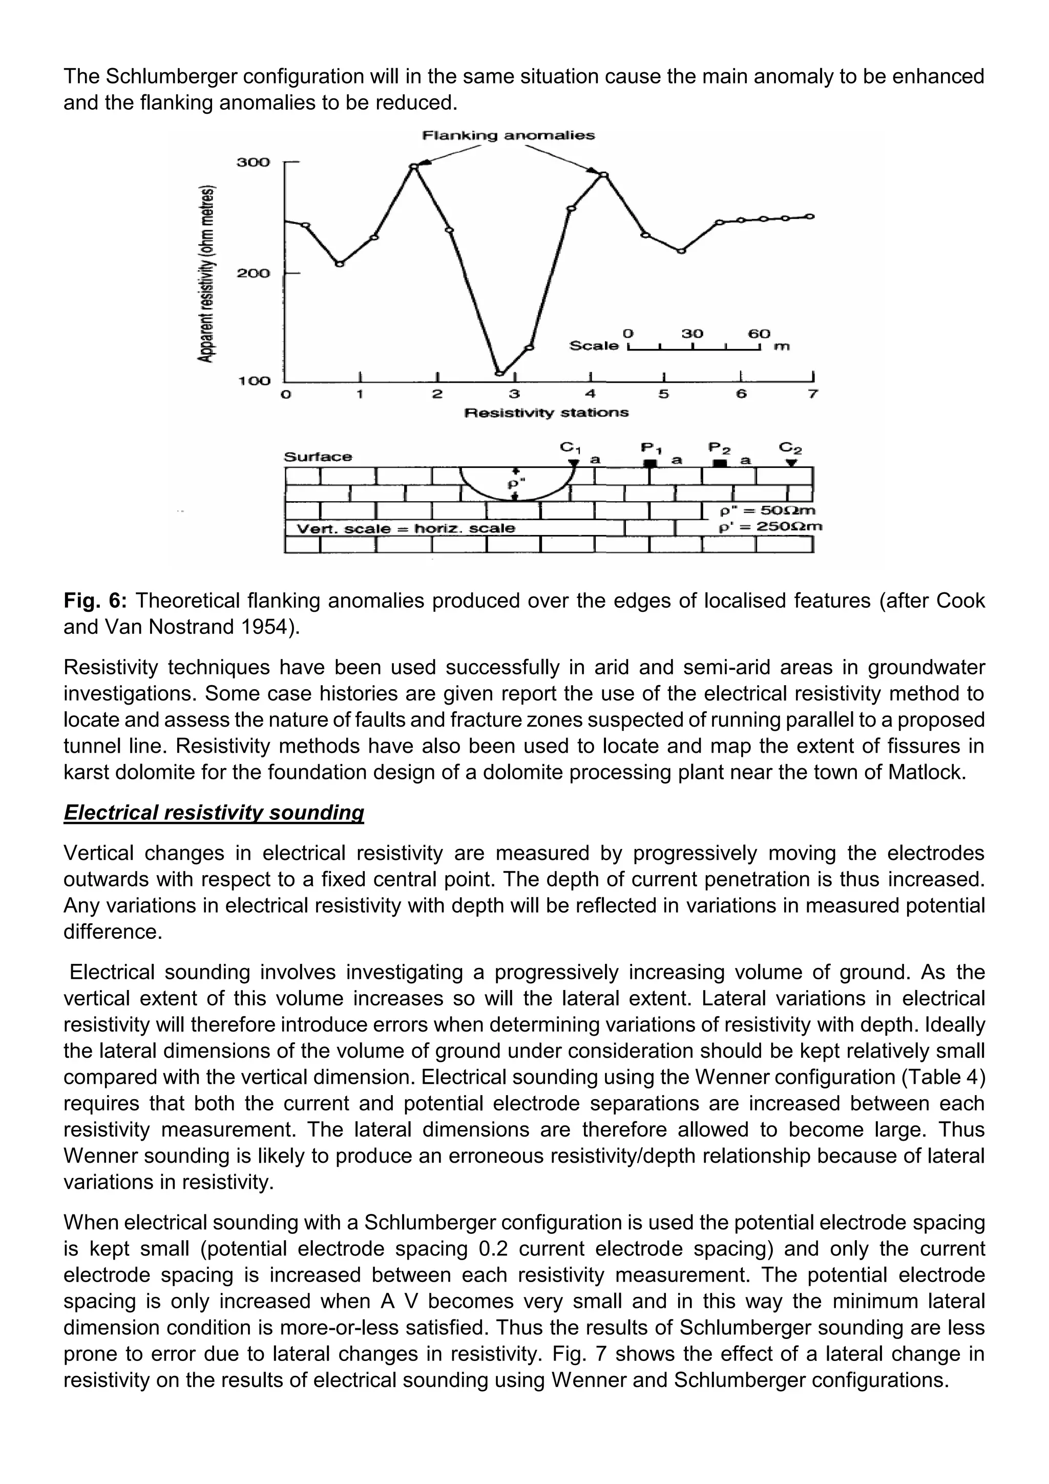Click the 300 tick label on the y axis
click(253, 162)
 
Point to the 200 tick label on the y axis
click(253, 274)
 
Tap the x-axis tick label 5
click(663, 394)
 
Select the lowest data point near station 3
click(499, 373)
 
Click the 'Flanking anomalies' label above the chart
click(508, 136)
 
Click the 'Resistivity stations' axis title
click(547, 413)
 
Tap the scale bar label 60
click(759, 334)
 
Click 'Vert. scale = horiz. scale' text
click(406, 529)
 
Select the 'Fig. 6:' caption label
click(96, 601)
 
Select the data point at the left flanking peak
click(414, 167)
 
